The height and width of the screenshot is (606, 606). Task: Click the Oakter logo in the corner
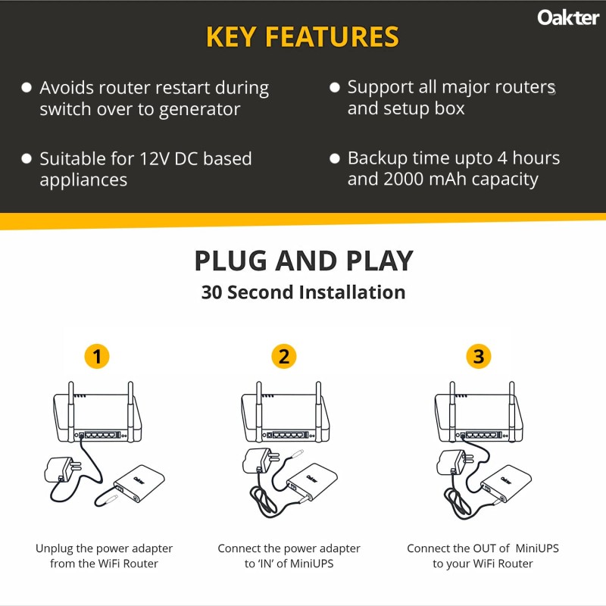tap(568, 17)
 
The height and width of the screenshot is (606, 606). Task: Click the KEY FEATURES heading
tap(302, 36)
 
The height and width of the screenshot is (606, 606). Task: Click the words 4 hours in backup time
tap(527, 158)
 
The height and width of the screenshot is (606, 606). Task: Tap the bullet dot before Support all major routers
tap(335, 88)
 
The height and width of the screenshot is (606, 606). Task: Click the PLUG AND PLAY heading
tap(303, 261)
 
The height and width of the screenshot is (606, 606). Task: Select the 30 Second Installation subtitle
tap(303, 292)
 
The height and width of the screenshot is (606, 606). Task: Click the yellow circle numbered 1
tap(95, 356)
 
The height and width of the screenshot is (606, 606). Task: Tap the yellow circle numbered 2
tap(283, 356)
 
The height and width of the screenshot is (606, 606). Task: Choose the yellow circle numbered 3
tap(477, 356)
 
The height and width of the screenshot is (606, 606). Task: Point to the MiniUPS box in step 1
tap(139, 484)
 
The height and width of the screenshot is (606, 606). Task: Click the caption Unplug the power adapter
tap(104, 548)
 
